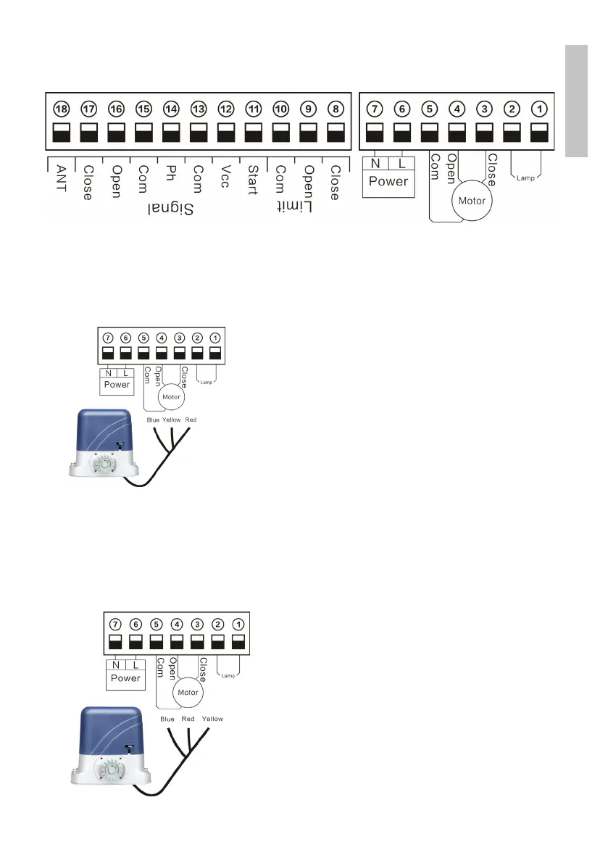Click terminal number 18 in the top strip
point(61,109)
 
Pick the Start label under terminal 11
point(253,180)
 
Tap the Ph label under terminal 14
point(171,175)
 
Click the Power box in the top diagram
point(388,181)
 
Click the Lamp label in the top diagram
point(526,177)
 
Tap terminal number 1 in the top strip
point(538,109)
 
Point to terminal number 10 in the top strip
point(280,109)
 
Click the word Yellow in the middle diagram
point(172,420)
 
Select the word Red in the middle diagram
point(191,420)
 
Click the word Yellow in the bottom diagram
point(213,719)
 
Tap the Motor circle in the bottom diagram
point(188,693)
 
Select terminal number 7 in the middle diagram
point(107,338)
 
